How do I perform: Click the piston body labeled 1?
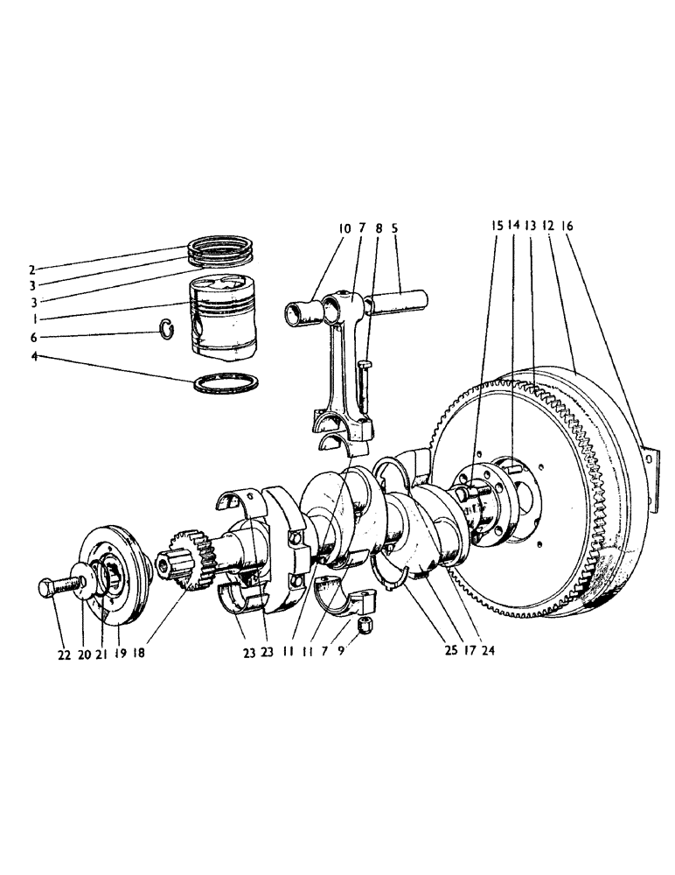pos(225,319)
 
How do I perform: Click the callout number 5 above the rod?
pos(395,229)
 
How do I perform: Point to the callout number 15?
pos(496,225)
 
